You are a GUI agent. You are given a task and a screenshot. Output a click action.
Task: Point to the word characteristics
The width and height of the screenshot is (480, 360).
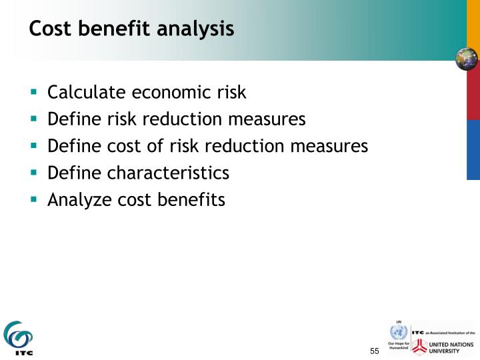point(168,173)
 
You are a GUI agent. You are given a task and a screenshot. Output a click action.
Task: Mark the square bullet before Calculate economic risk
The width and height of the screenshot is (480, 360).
point(33,92)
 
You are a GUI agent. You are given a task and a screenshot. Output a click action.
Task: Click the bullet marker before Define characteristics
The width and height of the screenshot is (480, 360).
point(33,172)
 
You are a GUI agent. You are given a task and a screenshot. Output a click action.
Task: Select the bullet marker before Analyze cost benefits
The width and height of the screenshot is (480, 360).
point(33,199)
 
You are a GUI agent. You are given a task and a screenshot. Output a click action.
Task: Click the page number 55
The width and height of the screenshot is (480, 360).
point(374,351)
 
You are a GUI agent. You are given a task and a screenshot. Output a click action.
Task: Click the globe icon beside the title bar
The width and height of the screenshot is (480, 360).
point(467,59)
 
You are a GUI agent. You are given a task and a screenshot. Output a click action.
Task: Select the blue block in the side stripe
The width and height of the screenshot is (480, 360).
point(473,150)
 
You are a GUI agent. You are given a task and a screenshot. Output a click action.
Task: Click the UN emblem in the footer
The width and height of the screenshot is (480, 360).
point(398,333)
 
